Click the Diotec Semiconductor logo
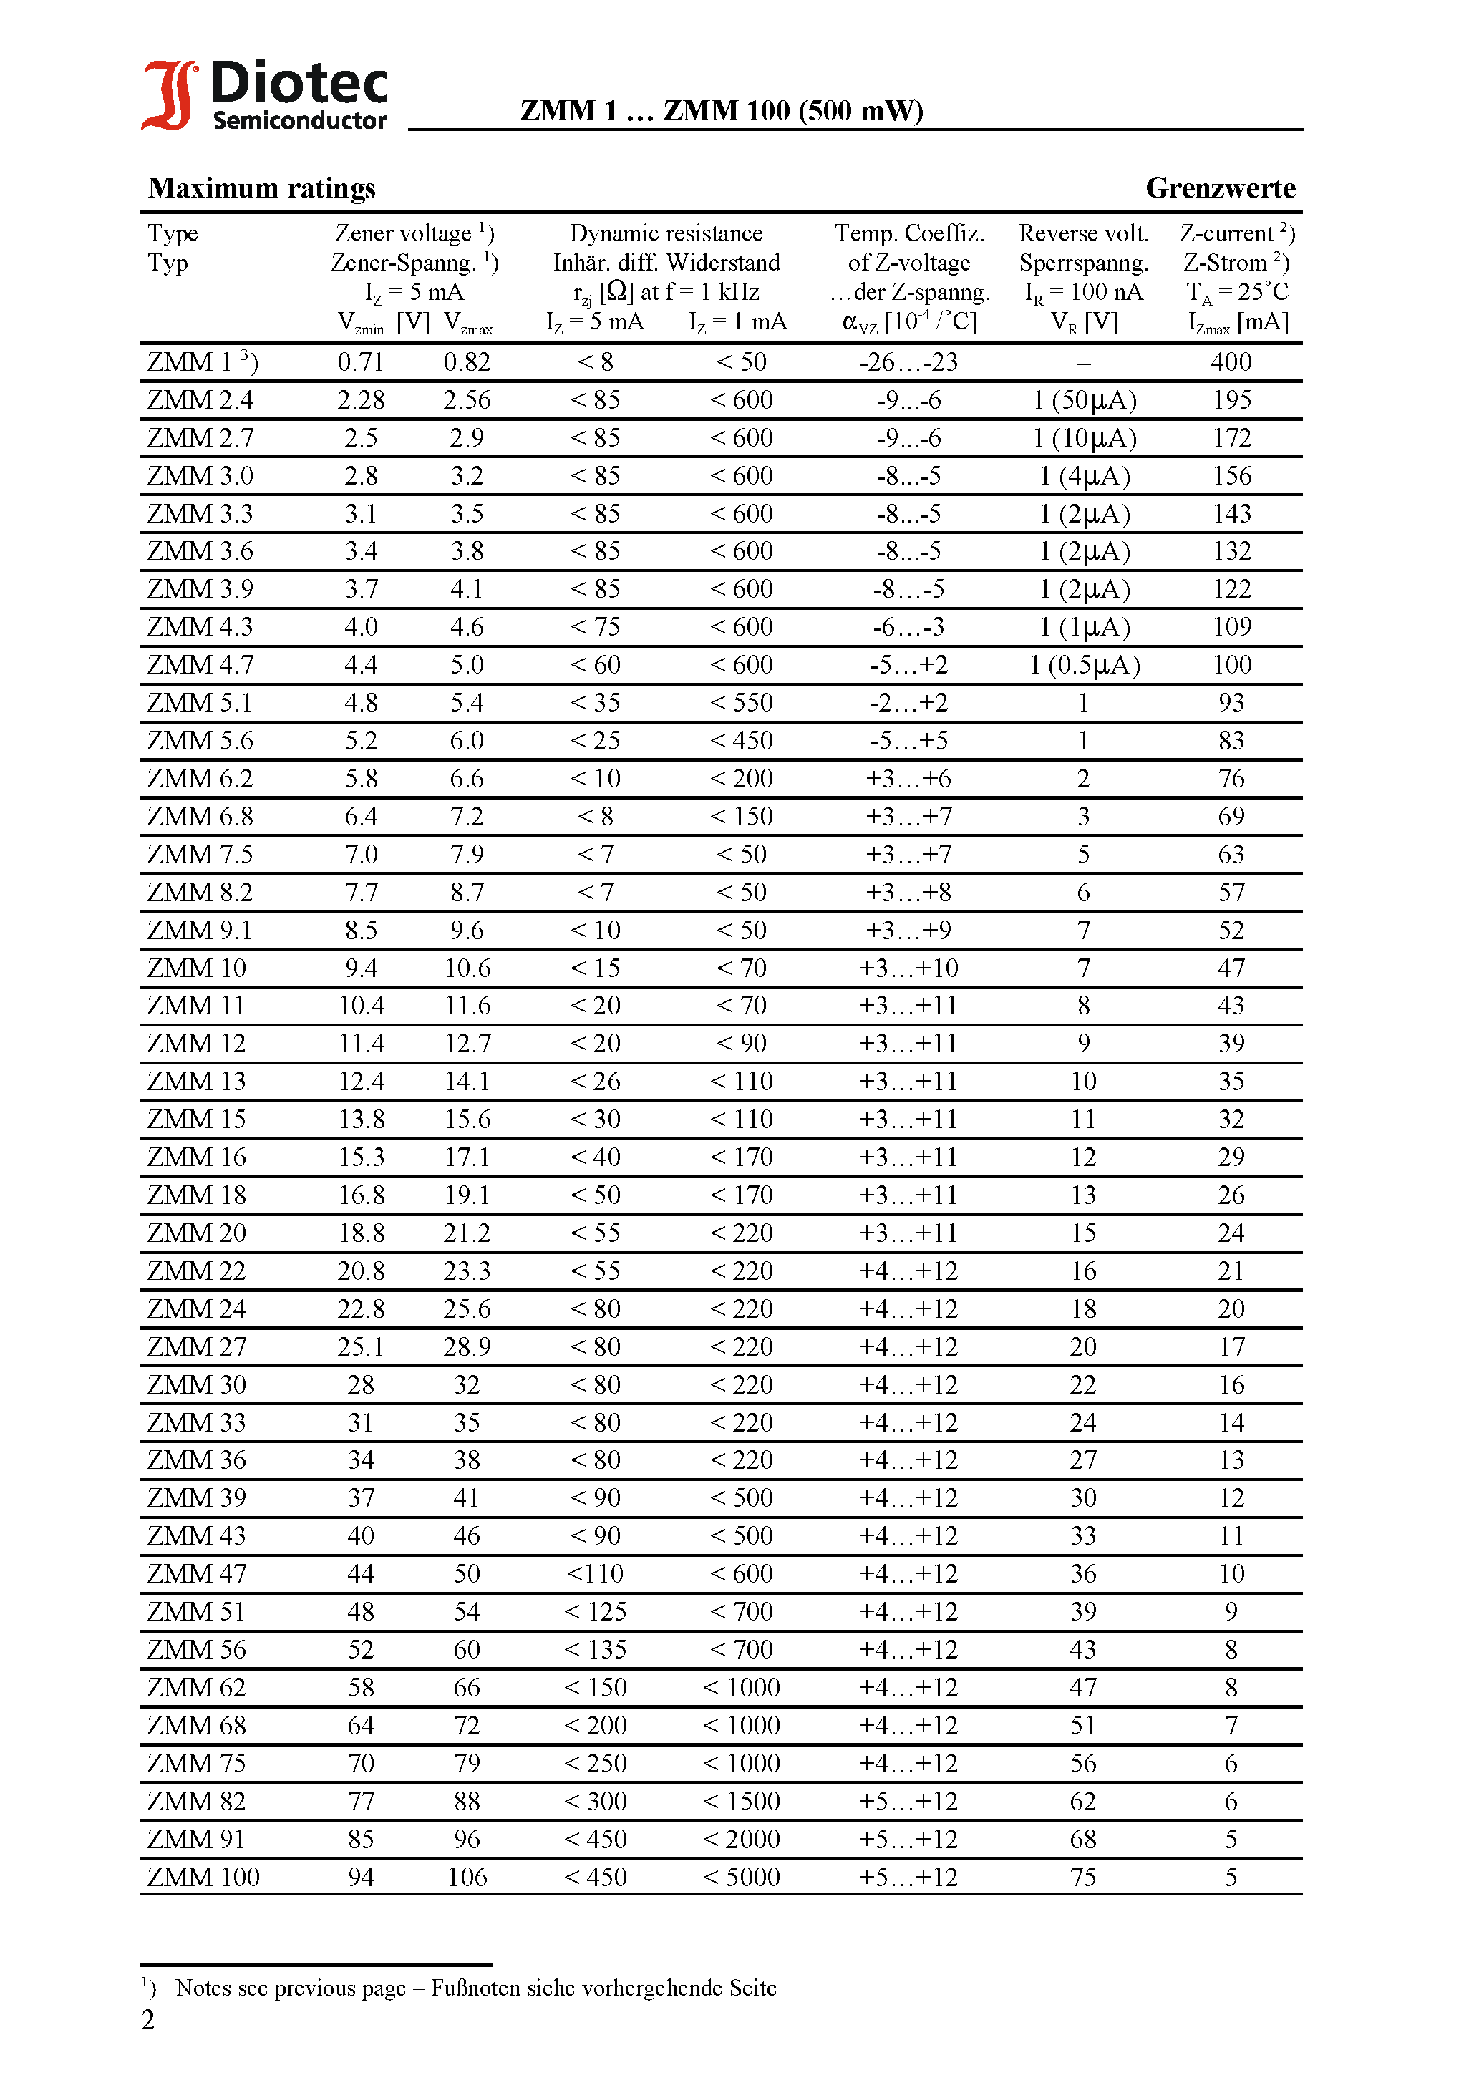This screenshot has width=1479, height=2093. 264,94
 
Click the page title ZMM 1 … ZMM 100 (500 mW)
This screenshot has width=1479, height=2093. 722,111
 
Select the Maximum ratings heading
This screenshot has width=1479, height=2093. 262,189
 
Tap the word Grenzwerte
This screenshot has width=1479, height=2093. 1220,189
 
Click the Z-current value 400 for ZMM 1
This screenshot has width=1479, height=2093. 1231,363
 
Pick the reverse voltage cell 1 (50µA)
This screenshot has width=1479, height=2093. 1084,400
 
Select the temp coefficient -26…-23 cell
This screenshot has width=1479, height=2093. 908,363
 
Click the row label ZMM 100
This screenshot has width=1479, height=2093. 203,1878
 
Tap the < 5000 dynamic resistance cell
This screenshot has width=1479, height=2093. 742,1878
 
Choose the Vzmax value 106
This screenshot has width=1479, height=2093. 467,1878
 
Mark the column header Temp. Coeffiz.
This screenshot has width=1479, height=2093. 909,234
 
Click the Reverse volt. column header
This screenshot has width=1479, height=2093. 1083,234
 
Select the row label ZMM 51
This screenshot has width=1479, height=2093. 197,1613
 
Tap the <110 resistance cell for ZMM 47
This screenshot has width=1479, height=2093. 594,1574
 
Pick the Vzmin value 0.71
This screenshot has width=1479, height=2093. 361,363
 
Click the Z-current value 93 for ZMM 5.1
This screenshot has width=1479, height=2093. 1231,703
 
